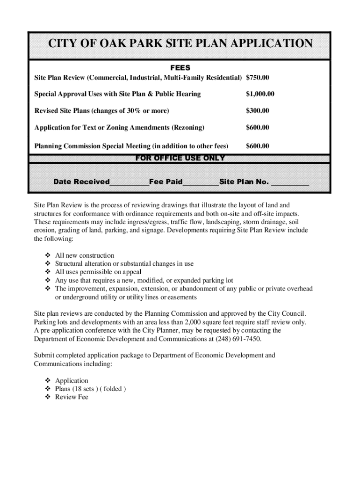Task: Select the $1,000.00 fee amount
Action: (x=260, y=94)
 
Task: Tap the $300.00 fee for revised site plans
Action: (x=258, y=111)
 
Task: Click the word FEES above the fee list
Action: (x=180, y=68)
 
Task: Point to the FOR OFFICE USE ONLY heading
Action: (x=180, y=158)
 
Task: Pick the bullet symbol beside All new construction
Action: (x=47, y=255)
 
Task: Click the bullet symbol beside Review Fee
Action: (x=47, y=397)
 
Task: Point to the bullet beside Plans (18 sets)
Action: (x=47, y=389)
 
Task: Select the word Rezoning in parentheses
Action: (x=188, y=128)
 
